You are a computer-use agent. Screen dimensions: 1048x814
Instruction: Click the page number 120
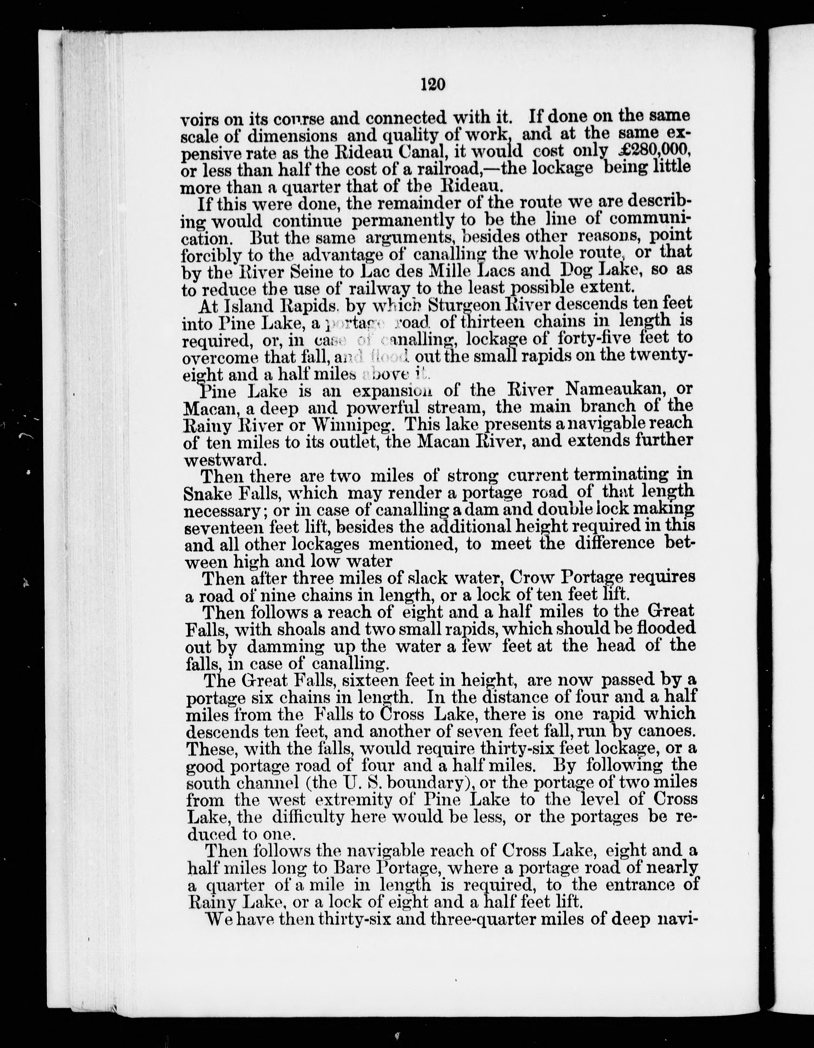433,84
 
